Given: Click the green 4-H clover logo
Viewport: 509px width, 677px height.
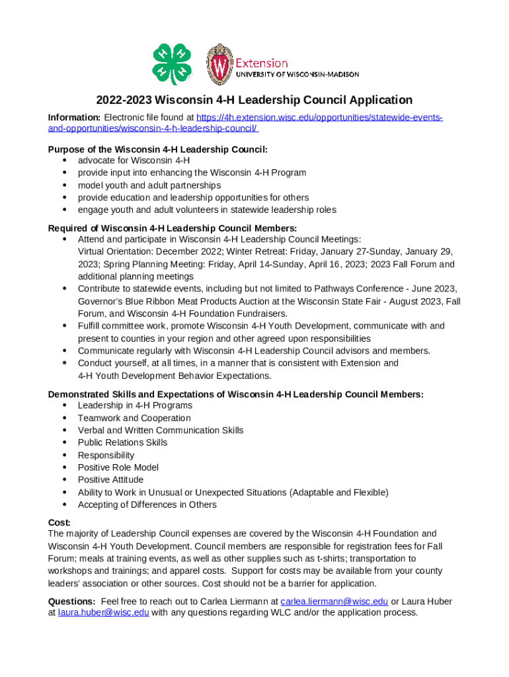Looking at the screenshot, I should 172,64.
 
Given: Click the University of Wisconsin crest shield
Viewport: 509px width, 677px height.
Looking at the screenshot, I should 219,65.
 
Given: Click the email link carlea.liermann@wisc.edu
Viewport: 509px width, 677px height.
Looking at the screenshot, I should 334,601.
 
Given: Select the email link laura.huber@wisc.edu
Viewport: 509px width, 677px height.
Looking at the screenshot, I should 103,612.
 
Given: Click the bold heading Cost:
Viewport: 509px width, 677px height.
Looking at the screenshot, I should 59,522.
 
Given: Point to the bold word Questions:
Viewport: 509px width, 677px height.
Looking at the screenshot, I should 72,601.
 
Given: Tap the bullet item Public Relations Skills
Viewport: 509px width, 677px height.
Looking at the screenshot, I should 122,442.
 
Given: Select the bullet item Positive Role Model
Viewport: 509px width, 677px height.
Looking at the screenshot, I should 118,467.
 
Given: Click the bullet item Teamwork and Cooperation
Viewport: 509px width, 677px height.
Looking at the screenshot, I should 134,418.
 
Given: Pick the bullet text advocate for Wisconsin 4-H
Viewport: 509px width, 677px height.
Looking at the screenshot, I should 134,160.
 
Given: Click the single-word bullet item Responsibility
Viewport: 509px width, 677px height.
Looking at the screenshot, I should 106,455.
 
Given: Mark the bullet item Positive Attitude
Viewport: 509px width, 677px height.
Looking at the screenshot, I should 110,479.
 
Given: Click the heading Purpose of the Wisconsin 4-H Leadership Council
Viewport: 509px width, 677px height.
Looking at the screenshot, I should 158,149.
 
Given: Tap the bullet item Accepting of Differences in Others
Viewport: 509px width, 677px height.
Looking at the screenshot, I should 147,504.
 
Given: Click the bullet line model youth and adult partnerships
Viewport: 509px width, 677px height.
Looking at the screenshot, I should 149,185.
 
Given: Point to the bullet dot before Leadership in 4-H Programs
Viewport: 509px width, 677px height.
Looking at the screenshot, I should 64,405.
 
